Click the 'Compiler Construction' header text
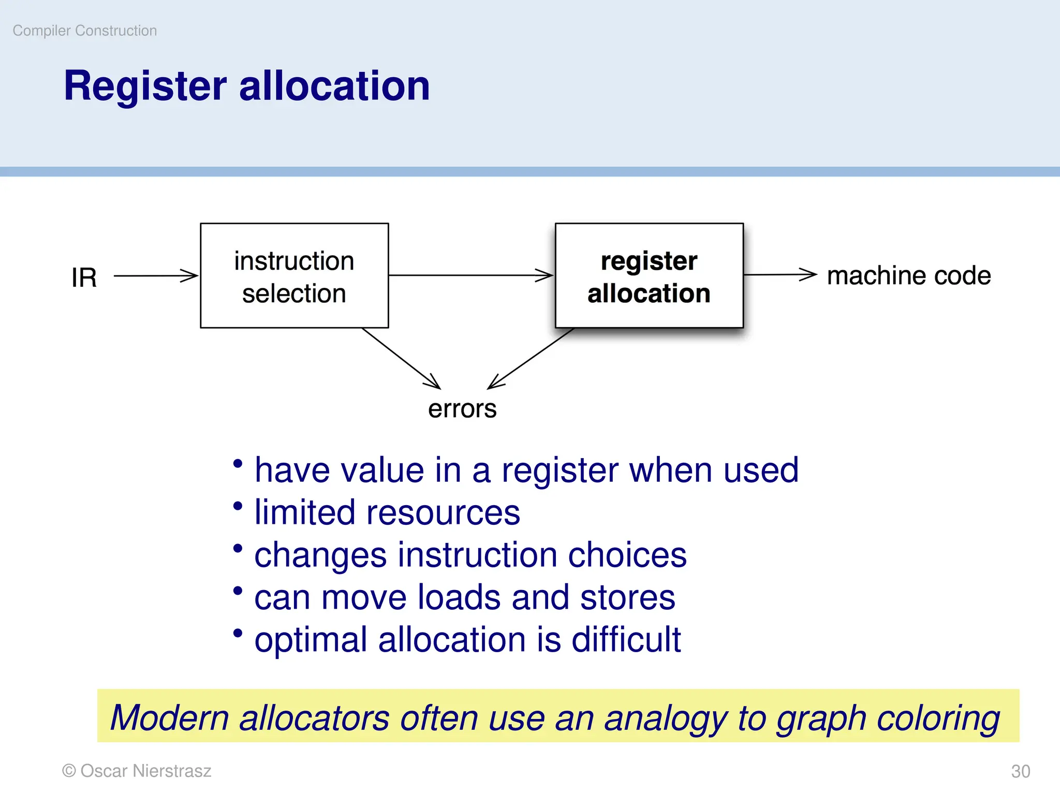pyautogui.click(x=84, y=31)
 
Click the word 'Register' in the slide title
pyautogui.click(x=145, y=86)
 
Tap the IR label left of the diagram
pyautogui.click(x=84, y=277)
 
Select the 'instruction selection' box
pyautogui.click(x=294, y=276)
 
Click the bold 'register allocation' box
pyautogui.click(x=649, y=276)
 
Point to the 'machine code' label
pyautogui.click(x=908, y=275)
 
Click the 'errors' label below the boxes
pyautogui.click(x=462, y=409)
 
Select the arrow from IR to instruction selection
pyautogui.click(x=155, y=276)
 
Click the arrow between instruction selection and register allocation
pyautogui.click(x=471, y=275)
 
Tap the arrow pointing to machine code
pyautogui.click(x=779, y=275)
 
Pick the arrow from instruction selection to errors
pyautogui.click(x=401, y=358)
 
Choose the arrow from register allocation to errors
pyautogui.click(x=531, y=358)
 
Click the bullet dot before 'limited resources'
pyautogui.click(x=238, y=506)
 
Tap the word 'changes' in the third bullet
pyautogui.click(x=320, y=555)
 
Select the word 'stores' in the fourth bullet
pyautogui.click(x=627, y=598)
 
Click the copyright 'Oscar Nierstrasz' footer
pyautogui.click(x=137, y=771)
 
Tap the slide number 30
pyautogui.click(x=1020, y=771)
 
